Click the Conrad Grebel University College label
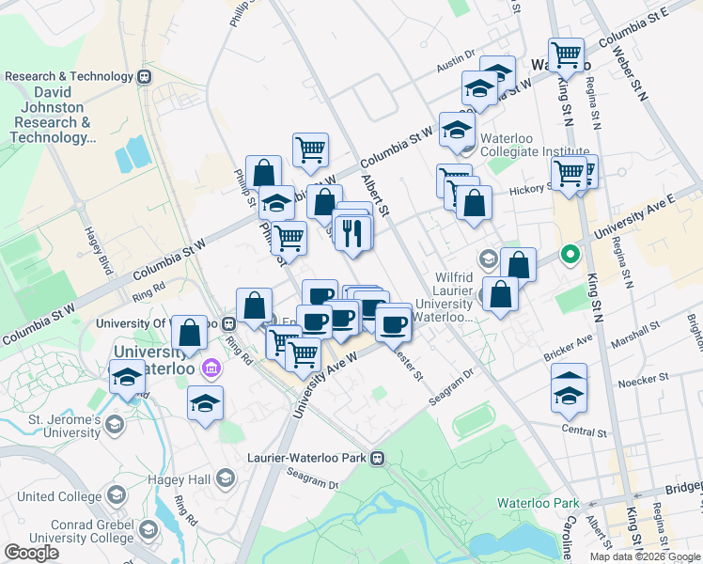click(x=62, y=531)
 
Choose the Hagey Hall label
click(x=183, y=480)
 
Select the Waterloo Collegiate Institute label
click(x=534, y=145)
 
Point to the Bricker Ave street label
click(x=569, y=348)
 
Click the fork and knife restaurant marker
click(x=352, y=232)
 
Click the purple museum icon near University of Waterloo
click(x=211, y=367)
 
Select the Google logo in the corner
click(x=31, y=553)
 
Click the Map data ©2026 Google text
click(x=645, y=556)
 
